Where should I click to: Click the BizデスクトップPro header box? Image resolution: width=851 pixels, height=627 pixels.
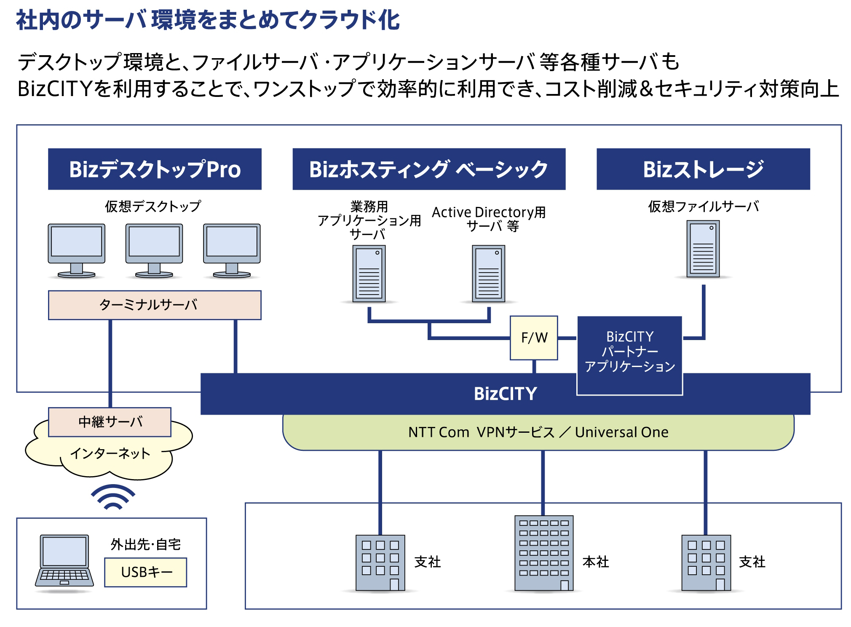point(155,169)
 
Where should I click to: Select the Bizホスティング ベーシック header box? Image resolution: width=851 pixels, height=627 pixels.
point(428,169)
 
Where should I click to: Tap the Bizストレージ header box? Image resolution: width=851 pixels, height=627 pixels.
point(703,169)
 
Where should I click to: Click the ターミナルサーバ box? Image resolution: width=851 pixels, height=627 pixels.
point(155,305)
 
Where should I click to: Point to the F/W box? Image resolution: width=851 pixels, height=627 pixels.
point(534,338)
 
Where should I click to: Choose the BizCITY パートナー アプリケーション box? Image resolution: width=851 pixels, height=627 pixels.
point(629,352)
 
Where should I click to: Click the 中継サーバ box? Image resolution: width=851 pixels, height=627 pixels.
point(110,422)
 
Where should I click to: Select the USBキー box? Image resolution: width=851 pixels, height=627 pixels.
point(145,572)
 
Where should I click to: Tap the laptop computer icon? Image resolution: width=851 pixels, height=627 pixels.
point(64,561)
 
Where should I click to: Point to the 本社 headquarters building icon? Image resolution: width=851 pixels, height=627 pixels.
point(544,553)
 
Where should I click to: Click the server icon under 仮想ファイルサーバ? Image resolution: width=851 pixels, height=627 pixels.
point(703,249)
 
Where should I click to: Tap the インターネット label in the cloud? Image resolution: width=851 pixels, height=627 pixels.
point(110,453)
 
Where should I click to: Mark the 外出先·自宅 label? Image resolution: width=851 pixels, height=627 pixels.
point(145,544)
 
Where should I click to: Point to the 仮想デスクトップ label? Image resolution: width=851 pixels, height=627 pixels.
point(153,206)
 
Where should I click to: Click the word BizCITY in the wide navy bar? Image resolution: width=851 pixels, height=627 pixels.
point(505,394)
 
